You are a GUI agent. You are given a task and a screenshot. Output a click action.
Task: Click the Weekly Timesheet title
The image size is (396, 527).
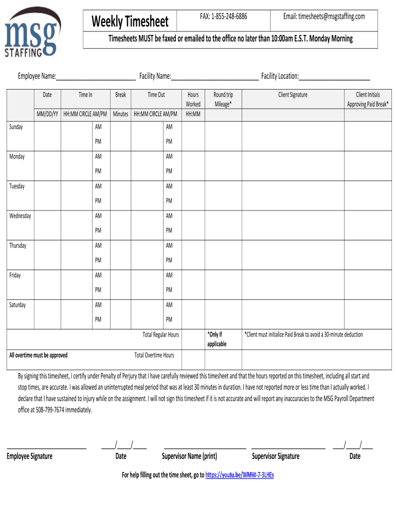(130, 22)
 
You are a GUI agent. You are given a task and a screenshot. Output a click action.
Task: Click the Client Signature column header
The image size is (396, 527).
(293, 95)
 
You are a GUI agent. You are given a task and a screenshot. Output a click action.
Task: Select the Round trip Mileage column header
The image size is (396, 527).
(223, 99)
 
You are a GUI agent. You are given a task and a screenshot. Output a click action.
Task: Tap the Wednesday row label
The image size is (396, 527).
(20, 216)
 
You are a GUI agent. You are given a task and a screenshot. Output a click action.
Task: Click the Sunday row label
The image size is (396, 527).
(16, 127)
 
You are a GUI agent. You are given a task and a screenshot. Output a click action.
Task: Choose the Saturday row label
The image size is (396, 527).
(17, 305)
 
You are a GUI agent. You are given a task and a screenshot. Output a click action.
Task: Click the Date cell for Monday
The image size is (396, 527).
(47, 164)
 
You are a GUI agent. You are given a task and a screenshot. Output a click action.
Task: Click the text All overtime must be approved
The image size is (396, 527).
(39, 356)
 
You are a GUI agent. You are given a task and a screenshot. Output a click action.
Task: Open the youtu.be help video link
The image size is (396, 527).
(239, 475)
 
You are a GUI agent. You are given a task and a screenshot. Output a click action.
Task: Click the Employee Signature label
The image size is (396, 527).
(29, 456)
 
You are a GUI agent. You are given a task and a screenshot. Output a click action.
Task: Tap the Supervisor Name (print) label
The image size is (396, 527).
(189, 456)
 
